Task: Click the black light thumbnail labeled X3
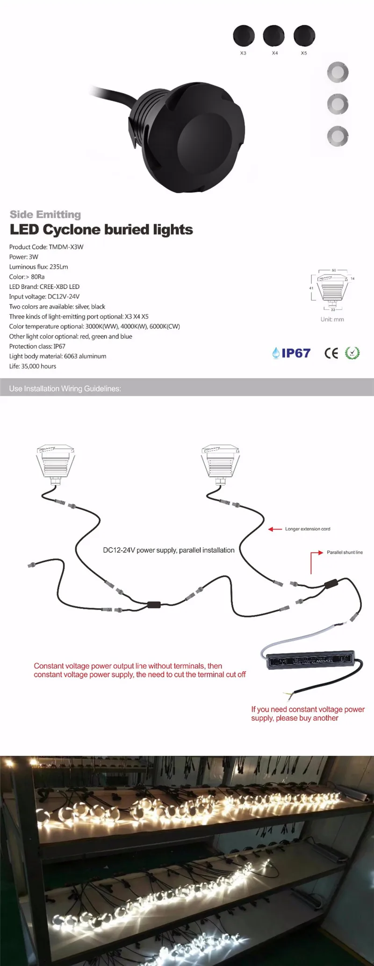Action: click(244, 36)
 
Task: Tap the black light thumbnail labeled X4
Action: click(274, 36)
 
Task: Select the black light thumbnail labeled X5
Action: click(304, 36)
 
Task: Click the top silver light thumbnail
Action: click(338, 72)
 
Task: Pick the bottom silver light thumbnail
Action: click(338, 136)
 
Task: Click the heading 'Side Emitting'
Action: click(45, 214)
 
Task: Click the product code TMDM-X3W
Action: click(66, 247)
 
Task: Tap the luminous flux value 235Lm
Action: click(58, 267)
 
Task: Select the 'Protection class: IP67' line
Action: click(37, 346)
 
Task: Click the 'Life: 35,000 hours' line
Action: click(33, 367)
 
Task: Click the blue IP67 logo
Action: click(291, 353)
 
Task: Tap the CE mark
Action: click(331, 353)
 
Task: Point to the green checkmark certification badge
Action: click(352, 353)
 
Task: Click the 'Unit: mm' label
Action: click(332, 319)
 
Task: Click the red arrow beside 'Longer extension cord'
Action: click(275, 529)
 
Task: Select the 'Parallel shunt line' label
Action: click(345, 552)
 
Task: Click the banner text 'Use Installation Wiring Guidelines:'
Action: click(65, 388)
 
